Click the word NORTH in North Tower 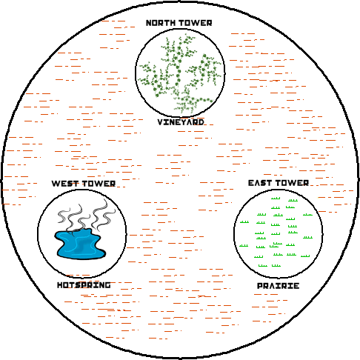[161, 23]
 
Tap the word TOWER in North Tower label [196, 23]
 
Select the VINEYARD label [181, 122]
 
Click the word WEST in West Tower [65, 184]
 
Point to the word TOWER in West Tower [99, 184]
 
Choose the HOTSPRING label [84, 285]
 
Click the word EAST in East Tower [260, 183]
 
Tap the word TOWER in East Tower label [293, 183]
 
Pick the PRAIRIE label [279, 286]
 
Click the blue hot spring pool [80, 244]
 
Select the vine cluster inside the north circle [179, 74]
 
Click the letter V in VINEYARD [161, 122]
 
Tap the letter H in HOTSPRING [60, 285]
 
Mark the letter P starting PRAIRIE [260, 286]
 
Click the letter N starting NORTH [149, 23]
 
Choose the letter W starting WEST [56, 184]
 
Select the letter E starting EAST [251, 183]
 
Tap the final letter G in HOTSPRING [107, 285]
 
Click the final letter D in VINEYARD [201, 122]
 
